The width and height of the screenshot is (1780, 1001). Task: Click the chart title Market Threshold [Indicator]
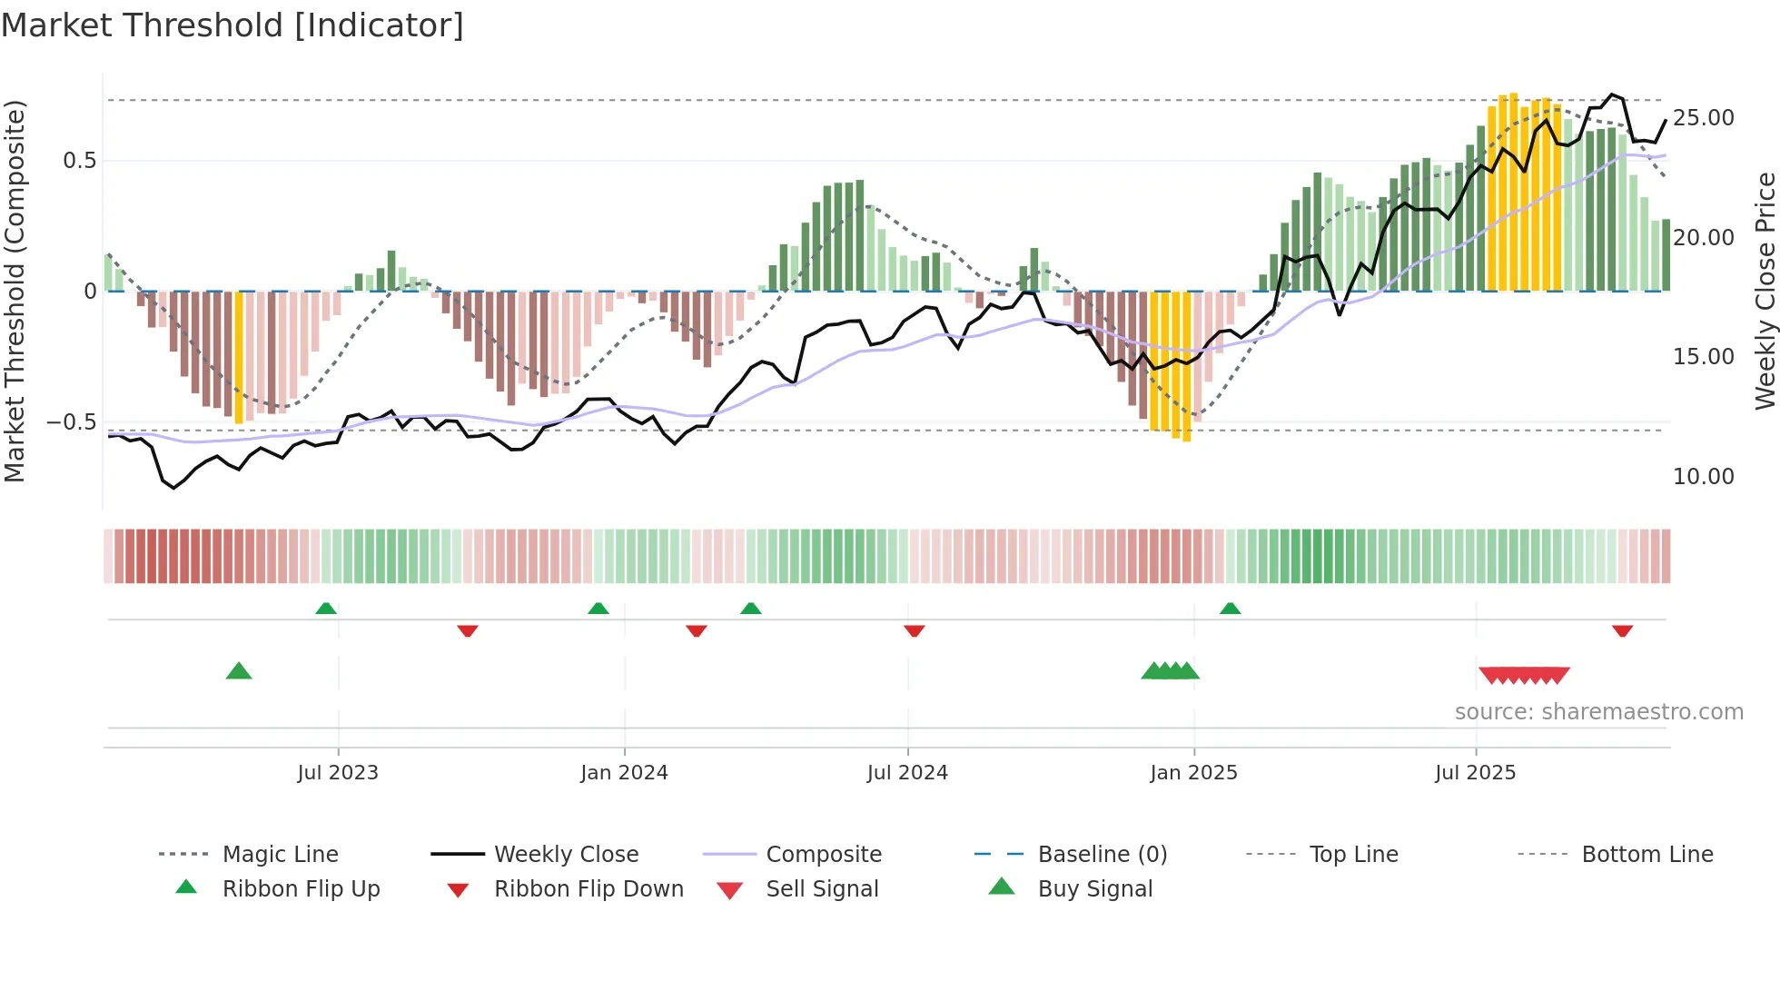(x=232, y=25)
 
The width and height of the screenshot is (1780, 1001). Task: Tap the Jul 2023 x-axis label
(x=337, y=773)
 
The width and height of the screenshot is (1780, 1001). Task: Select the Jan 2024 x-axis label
(x=624, y=773)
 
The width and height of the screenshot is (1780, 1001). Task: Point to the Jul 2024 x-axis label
(x=907, y=773)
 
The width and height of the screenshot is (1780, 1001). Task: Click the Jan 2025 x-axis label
(x=1193, y=773)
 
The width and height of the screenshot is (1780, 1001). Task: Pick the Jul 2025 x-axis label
(x=1475, y=773)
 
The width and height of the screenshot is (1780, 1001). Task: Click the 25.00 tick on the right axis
(x=1703, y=118)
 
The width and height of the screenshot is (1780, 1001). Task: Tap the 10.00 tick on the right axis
(x=1703, y=477)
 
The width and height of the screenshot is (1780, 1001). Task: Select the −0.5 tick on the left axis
(x=71, y=422)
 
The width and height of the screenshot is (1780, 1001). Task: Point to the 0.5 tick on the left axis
(x=79, y=161)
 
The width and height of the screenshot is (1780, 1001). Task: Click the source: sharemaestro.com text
(x=1598, y=712)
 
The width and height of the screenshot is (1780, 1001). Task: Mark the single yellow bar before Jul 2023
(x=239, y=357)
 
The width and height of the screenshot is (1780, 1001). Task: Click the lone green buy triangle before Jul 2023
(x=238, y=671)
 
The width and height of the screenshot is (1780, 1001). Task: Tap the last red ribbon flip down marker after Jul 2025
(x=1622, y=630)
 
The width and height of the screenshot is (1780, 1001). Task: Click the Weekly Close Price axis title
(x=1765, y=291)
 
